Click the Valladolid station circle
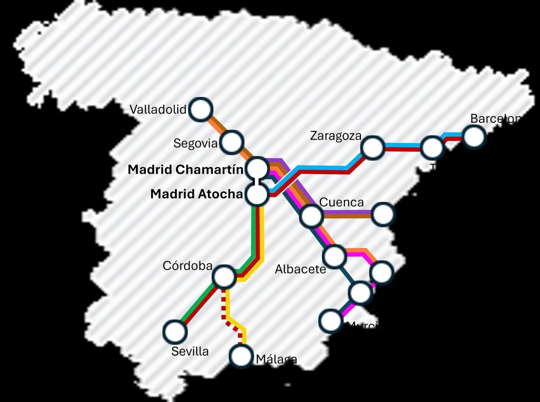201,109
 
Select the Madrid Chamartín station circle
258,168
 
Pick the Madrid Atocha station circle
258,194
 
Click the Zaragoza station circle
373,148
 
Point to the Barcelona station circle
474,136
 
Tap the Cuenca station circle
311,216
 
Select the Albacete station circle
334,256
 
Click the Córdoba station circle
224,276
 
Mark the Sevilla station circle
175,332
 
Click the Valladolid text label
158,109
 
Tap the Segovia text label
195,144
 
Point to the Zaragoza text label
336,136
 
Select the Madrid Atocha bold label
196,194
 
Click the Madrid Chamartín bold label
185,170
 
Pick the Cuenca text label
341,203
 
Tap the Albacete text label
300,269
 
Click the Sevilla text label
190,351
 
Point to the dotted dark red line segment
224,306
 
